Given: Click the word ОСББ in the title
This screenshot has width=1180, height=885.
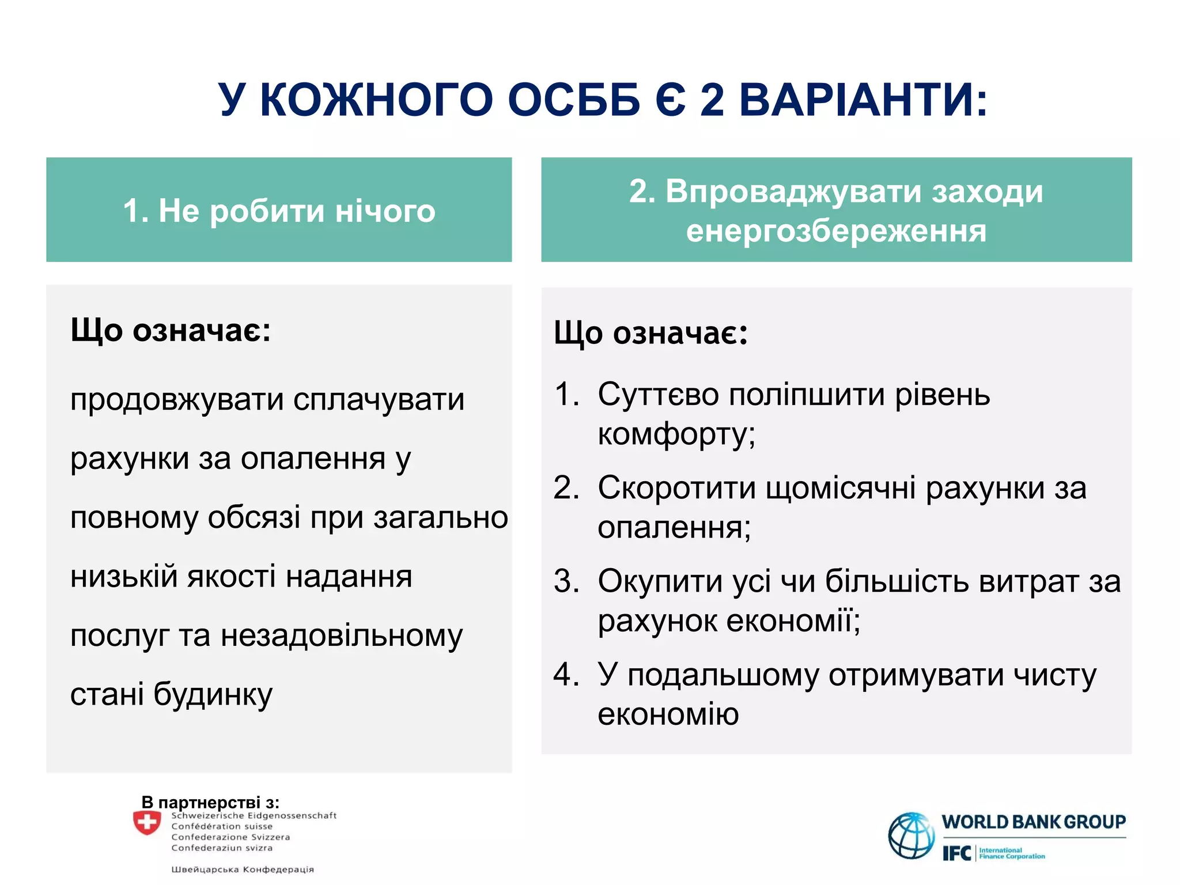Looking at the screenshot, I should [x=574, y=100].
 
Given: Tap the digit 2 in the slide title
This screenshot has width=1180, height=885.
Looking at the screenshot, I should [x=712, y=100].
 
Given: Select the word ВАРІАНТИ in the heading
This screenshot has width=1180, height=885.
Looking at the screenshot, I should [x=863, y=100].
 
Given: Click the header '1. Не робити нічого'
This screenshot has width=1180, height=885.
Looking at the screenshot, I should [x=279, y=211].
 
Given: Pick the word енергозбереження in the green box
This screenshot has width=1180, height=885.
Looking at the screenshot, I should [x=836, y=231].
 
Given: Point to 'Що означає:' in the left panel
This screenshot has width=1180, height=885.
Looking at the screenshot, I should [x=171, y=331].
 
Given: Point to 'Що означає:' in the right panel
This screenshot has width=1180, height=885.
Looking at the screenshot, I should [x=650, y=334].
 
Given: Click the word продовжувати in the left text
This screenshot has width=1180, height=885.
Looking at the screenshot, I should [x=176, y=400].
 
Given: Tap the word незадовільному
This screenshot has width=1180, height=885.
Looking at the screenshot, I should [x=342, y=636].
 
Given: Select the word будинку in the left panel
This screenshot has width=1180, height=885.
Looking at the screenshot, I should [x=213, y=695].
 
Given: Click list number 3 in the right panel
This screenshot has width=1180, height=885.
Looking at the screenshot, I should [x=565, y=581].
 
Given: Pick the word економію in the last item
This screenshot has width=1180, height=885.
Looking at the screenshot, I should [x=668, y=714].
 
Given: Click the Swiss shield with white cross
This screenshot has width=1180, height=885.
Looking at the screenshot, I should [x=147, y=823].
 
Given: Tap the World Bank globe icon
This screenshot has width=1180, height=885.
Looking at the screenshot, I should [x=911, y=835].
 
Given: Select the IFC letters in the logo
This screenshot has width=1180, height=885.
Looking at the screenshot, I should [x=957, y=853].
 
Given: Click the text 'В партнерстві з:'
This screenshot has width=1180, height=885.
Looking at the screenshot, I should [x=210, y=802].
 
